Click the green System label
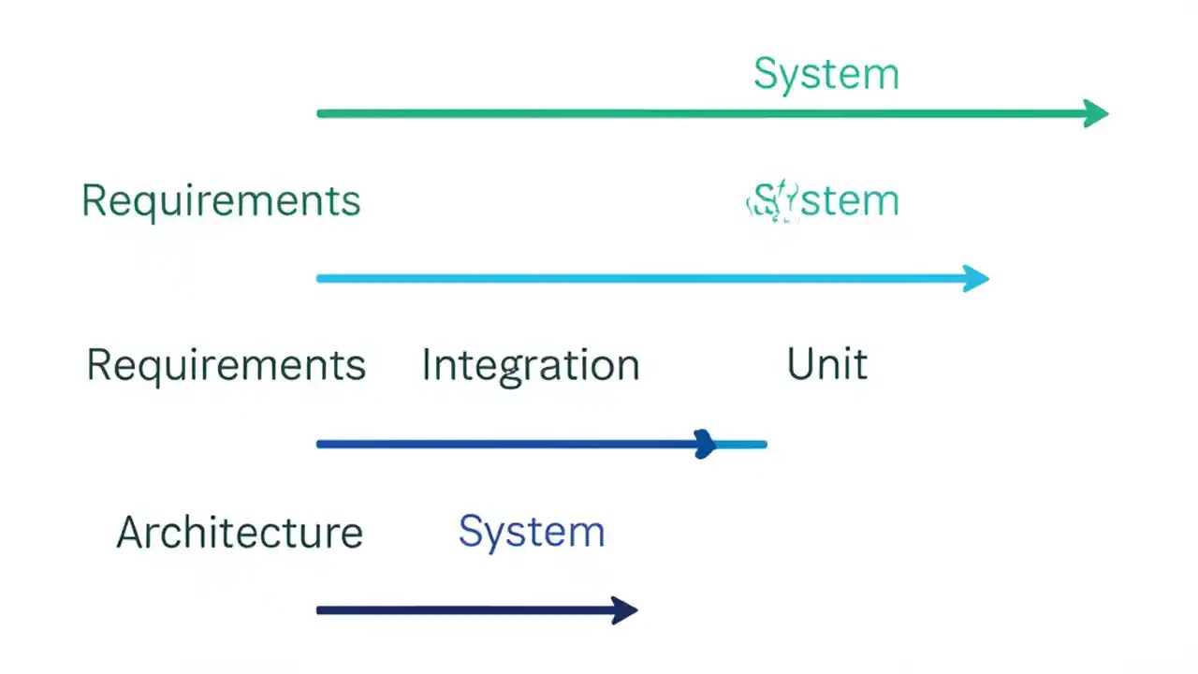[825, 75]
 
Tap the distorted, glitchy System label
[824, 201]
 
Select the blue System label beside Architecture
[531, 533]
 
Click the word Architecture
[240, 533]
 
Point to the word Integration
[530, 365]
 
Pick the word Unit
[826, 364]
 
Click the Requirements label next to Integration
[226, 365]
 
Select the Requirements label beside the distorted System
[221, 201]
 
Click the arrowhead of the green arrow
[1096, 114]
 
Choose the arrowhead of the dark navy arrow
[624, 610]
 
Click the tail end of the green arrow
[321, 114]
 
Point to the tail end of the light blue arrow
[321, 278]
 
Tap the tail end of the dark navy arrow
[321, 610]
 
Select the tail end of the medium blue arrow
[321, 444]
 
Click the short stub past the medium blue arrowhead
[744, 445]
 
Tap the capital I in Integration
[426, 364]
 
